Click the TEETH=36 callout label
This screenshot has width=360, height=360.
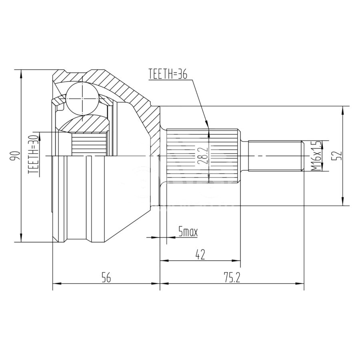click(168, 74)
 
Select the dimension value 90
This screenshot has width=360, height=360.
click(15, 156)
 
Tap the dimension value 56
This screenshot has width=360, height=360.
click(106, 278)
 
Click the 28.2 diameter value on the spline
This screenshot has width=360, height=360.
click(204, 155)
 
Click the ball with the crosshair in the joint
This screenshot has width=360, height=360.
click(82, 98)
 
